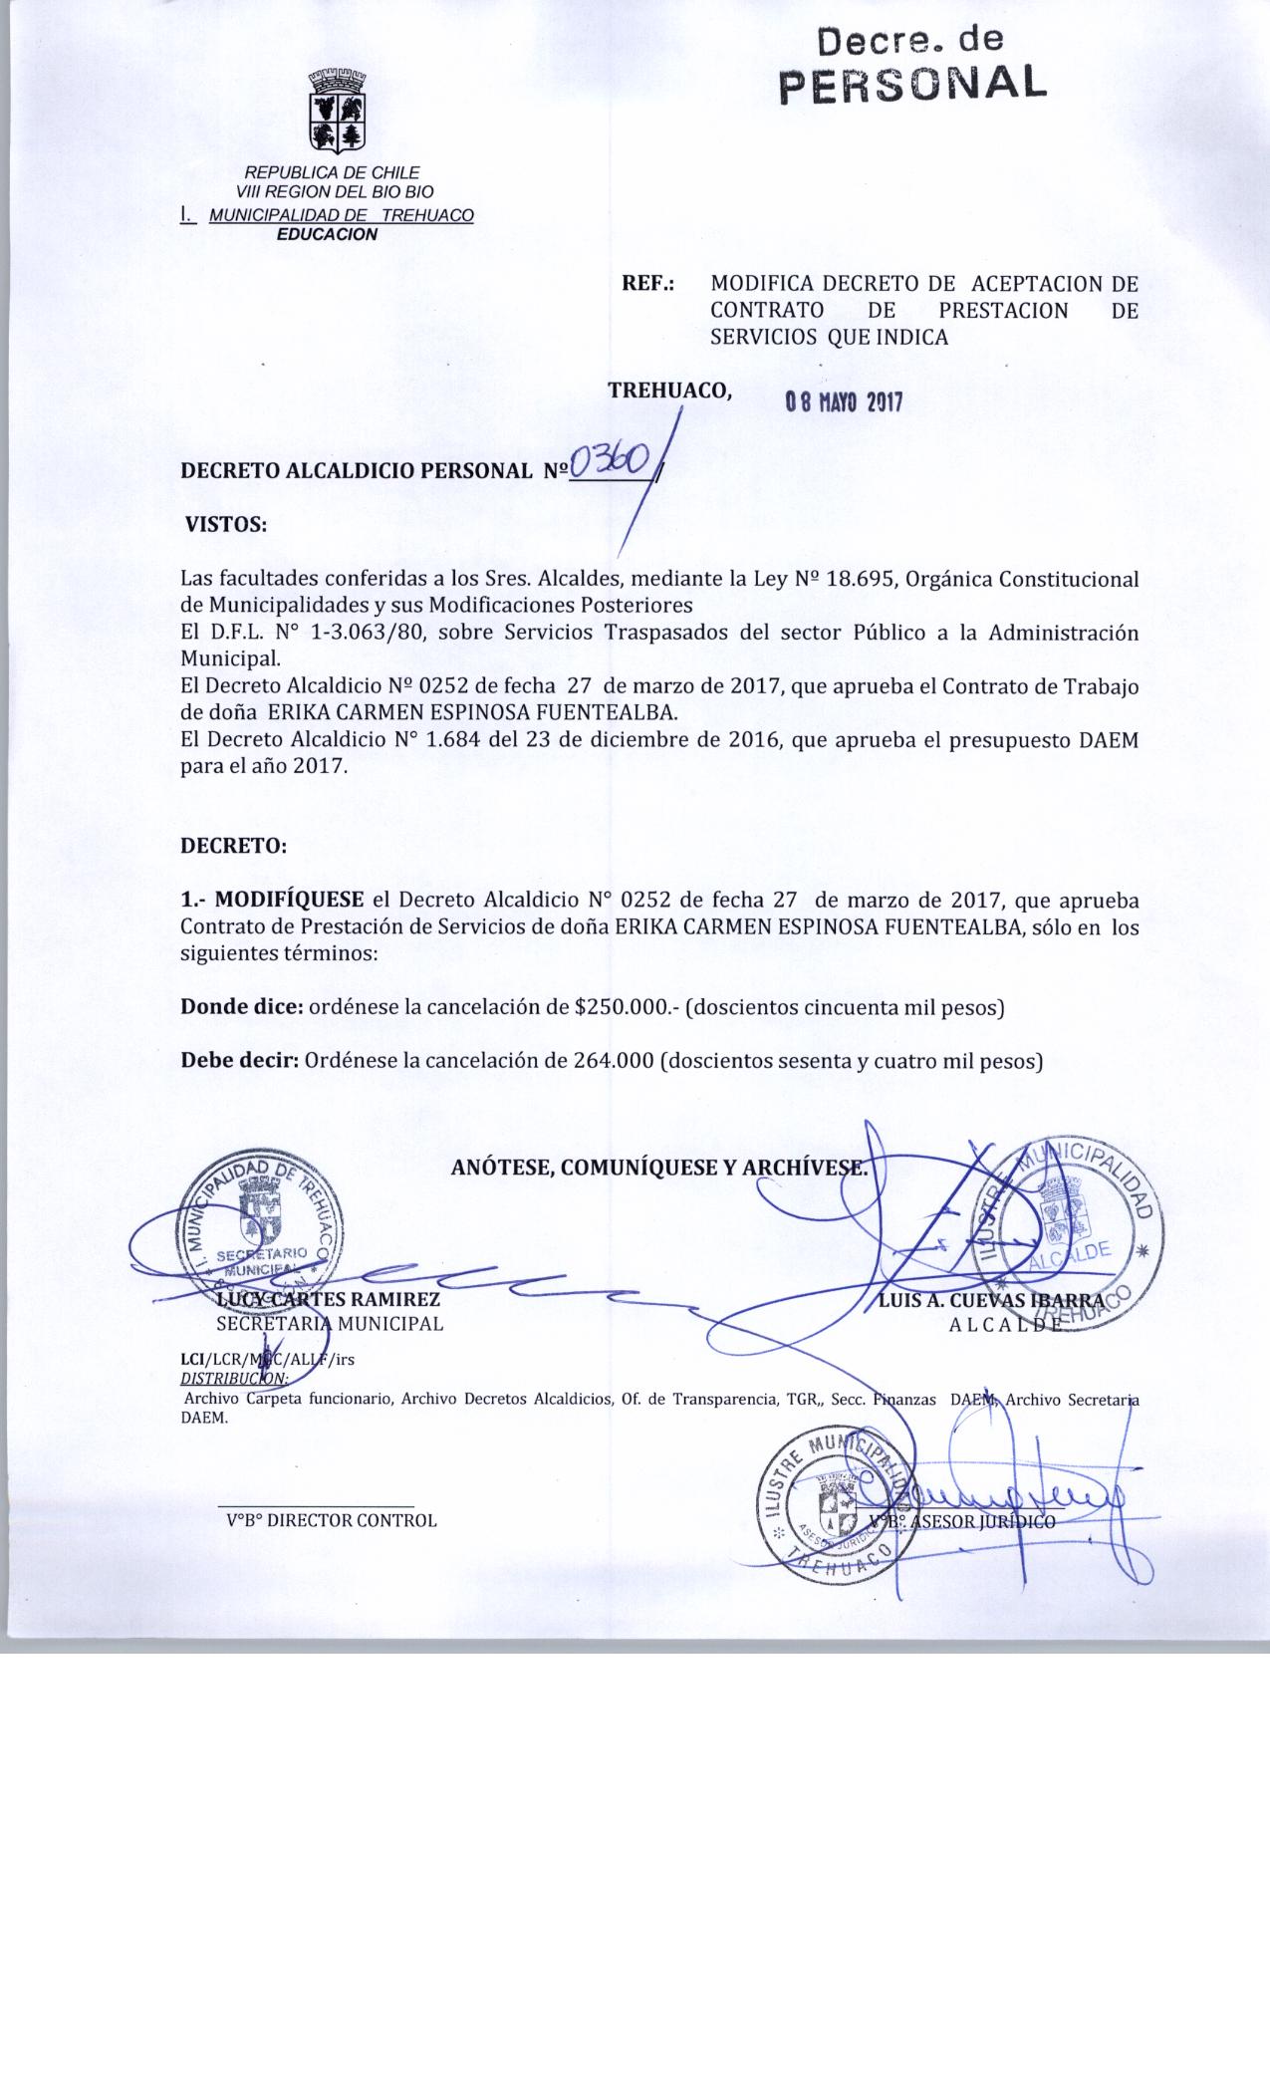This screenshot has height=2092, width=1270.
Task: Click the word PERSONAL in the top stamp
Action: [911, 84]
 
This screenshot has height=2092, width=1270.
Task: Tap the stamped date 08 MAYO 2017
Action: [843, 403]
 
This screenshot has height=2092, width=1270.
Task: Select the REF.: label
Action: [648, 284]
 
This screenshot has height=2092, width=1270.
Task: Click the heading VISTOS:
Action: [227, 525]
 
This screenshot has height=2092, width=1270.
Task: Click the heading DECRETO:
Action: [233, 847]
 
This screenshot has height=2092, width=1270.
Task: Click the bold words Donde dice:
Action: [242, 1007]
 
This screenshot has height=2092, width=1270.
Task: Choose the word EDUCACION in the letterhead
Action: [327, 235]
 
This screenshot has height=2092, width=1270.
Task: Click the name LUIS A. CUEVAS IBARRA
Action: [991, 1300]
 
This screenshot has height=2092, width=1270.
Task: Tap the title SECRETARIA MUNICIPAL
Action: [330, 1325]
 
